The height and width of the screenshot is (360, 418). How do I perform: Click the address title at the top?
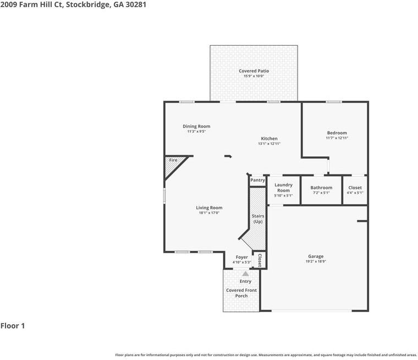point(73,4)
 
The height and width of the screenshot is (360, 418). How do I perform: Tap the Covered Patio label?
point(254,71)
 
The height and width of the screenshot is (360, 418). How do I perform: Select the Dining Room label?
point(196,127)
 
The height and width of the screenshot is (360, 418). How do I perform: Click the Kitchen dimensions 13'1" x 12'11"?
point(269,144)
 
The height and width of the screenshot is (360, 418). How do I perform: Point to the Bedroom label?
point(337,133)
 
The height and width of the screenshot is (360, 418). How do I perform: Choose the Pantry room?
point(257,181)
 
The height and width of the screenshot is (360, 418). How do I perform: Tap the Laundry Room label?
point(283,188)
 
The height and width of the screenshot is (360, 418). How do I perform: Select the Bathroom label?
point(321,188)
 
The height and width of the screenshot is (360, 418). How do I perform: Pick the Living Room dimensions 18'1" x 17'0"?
point(209,213)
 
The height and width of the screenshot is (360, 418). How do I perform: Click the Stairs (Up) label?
point(257,219)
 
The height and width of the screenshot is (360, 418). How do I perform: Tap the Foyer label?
point(241,257)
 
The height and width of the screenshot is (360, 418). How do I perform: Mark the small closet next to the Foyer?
point(260,260)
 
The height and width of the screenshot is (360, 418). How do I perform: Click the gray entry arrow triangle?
point(245,273)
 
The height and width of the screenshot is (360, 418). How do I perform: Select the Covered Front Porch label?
point(241,293)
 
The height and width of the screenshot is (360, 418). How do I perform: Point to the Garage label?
point(315,257)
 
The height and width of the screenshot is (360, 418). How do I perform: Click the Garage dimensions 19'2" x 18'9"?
point(315,262)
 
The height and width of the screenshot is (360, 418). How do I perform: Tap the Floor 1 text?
point(13,326)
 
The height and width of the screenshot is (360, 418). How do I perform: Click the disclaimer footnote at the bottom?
point(266,355)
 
